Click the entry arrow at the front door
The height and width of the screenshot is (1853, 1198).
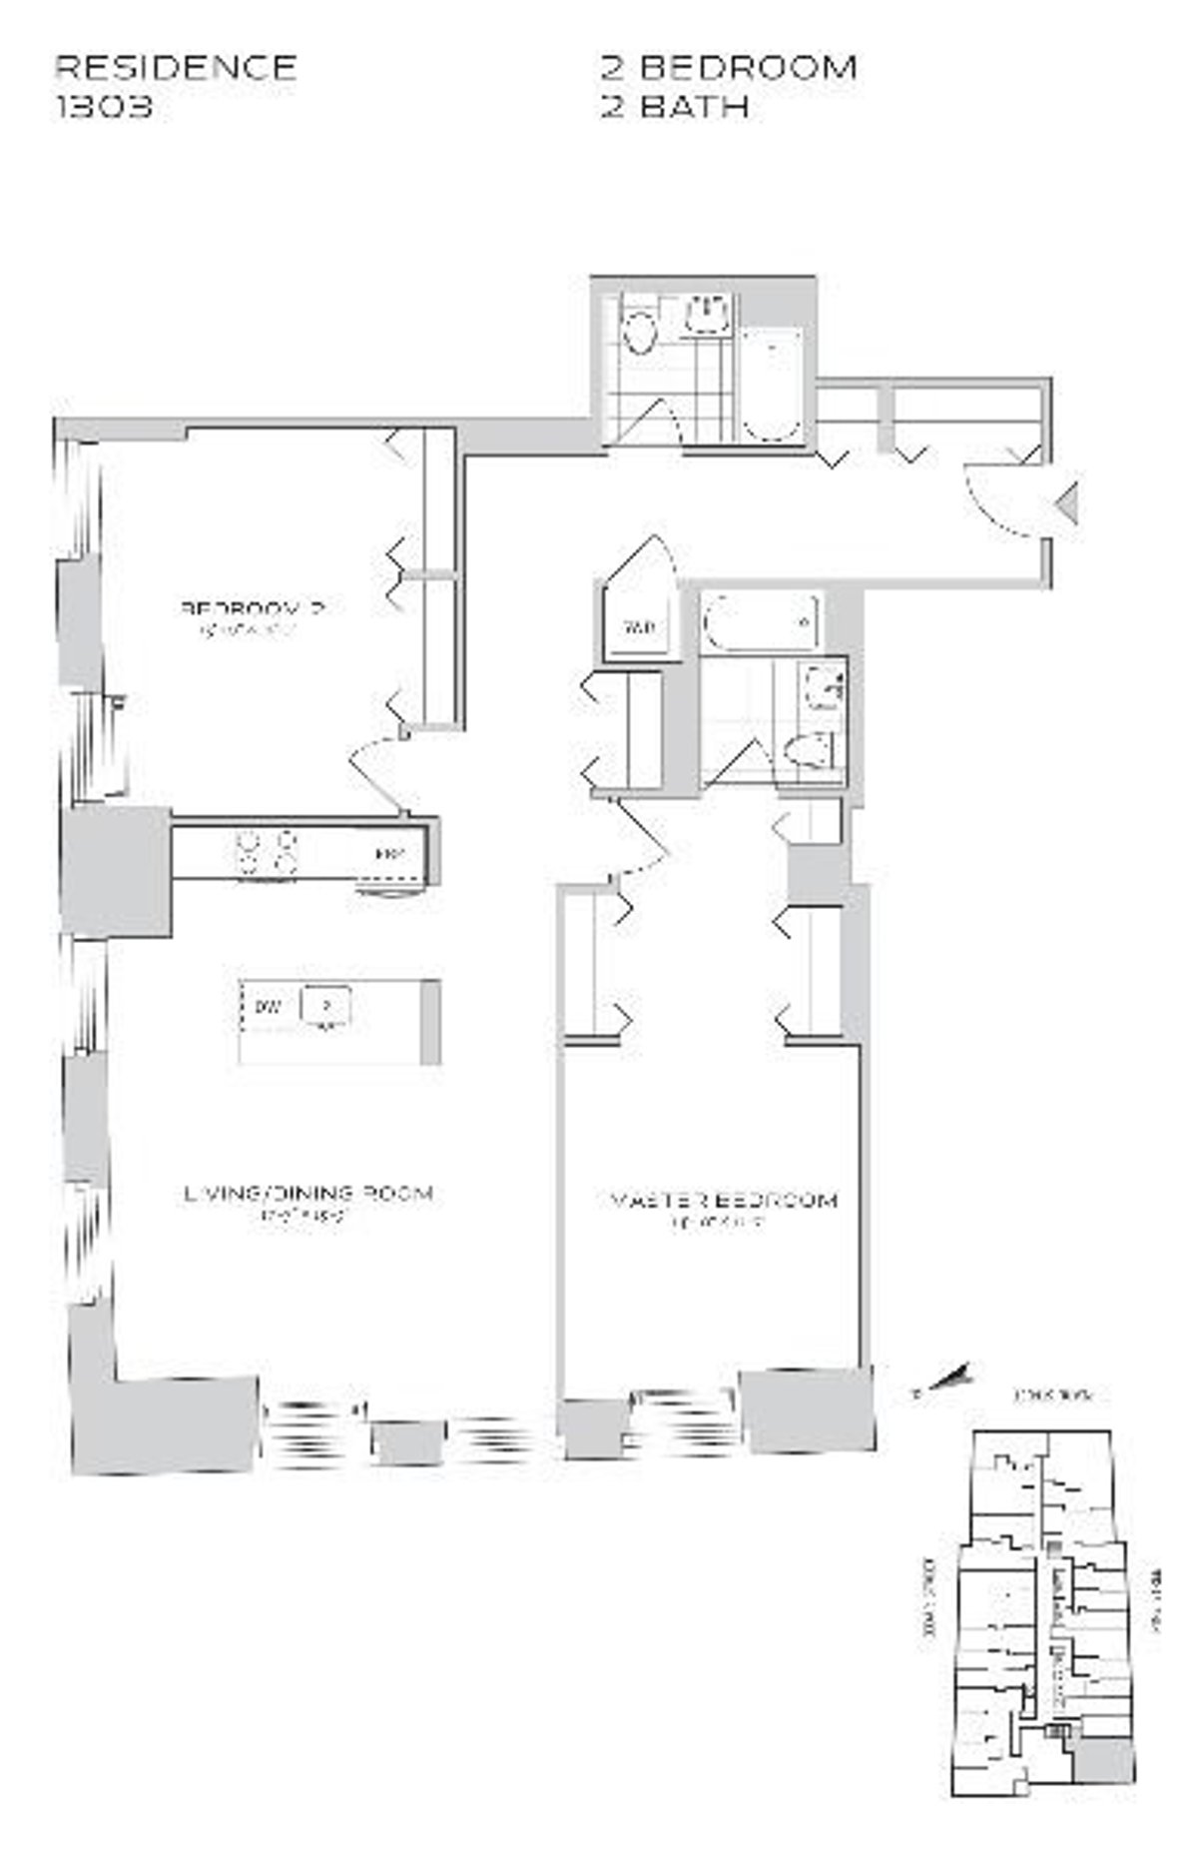[x=1068, y=501]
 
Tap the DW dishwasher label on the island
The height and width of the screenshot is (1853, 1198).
[x=267, y=1006]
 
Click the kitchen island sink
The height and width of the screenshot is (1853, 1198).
[x=325, y=1006]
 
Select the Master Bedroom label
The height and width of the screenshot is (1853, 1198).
[x=718, y=1200]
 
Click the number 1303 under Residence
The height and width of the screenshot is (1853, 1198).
[x=104, y=106]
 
